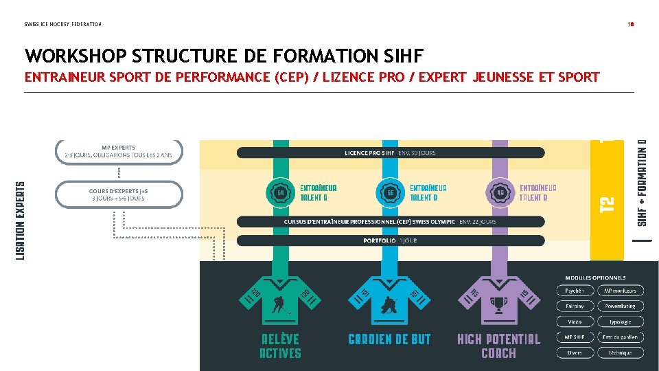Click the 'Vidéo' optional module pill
[575, 322]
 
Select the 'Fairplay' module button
[575, 306]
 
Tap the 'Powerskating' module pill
[621, 306]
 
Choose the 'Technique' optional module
[621, 352]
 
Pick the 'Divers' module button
[575, 352]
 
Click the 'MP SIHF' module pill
[575, 337]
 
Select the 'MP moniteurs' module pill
[621, 291]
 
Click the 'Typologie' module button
[621, 322]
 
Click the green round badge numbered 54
[280, 193]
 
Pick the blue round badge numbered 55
[390, 193]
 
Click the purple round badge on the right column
[500, 193]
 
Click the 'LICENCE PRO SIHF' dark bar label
[369, 153]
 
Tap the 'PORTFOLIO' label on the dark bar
[380, 240]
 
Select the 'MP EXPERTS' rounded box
[119, 151]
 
